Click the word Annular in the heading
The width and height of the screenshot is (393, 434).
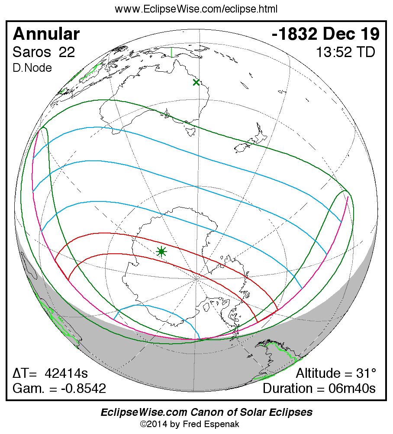click(x=46, y=34)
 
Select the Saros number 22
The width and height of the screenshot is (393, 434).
click(x=67, y=52)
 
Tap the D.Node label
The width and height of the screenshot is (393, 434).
click(x=32, y=68)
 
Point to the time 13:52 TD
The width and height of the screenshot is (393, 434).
click(x=345, y=52)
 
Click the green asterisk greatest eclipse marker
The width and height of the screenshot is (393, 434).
click(x=161, y=251)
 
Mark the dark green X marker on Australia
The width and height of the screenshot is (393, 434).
click(x=196, y=82)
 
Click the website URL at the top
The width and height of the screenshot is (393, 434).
click(x=196, y=9)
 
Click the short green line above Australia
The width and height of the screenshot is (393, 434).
click(x=172, y=52)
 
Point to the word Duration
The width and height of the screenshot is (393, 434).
click(x=290, y=388)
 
